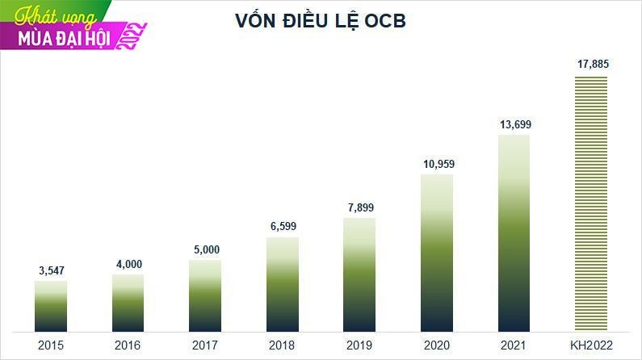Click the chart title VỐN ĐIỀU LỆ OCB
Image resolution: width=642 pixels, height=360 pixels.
pyautogui.click(x=320, y=22)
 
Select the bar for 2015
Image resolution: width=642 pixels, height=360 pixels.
pyautogui.click(x=51, y=306)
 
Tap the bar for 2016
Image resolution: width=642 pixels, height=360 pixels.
pyautogui.click(x=128, y=303)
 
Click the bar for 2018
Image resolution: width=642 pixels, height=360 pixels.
pyautogui.click(x=283, y=284)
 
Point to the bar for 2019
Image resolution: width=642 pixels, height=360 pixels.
pyautogui.click(x=359, y=274)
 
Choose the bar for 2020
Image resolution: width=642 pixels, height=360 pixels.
pyautogui.click(x=437, y=253)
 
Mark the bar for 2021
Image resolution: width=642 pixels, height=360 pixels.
pyautogui.click(x=514, y=232)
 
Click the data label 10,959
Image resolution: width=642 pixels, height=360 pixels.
pyautogui.click(x=437, y=164)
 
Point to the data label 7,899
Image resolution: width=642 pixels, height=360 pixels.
pyautogui.click(x=359, y=207)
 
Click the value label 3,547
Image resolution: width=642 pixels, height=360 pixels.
pyautogui.click(x=51, y=270)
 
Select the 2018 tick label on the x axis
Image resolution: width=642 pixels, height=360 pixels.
pyautogui.click(x=283, y=345)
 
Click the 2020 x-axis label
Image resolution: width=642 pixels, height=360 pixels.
pyautogui.click(x=437, y=345)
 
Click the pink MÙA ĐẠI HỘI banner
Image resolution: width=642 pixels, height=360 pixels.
pyautogui.click(x=61, y=37)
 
